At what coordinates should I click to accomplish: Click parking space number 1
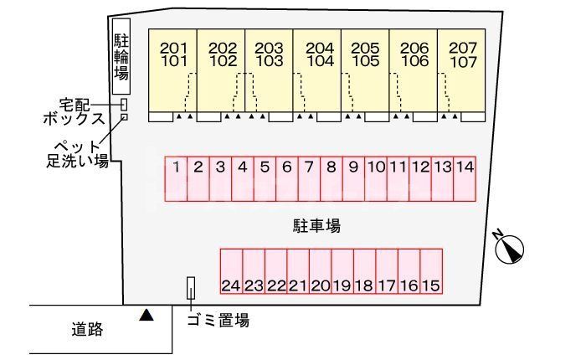point(176,178)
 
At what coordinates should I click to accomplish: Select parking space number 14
point(465,178)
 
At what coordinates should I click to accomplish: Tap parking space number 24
point(232,271)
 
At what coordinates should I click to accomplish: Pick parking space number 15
point(431,271)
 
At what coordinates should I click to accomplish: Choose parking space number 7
point(310,178)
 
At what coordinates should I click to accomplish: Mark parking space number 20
point(321,271)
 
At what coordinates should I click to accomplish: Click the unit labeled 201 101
point(173,70)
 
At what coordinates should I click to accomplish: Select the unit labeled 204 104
point(317,70)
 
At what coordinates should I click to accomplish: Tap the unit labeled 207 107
point(461,70)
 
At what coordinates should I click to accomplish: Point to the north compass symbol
point(509,248)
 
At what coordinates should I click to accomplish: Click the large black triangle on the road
point(146,315)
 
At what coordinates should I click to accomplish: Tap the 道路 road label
point(87,329)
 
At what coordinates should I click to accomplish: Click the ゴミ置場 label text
point(218,321)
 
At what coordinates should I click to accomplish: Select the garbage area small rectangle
point(191,288)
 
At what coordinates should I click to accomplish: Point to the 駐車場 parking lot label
point(316,226)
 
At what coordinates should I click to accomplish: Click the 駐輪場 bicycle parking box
point(121,56)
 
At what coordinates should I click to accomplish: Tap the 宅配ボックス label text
point(74,112)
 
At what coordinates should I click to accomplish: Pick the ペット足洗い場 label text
point(77,154)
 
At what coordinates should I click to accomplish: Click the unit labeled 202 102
point(221,70)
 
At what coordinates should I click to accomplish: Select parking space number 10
point(376,178)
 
